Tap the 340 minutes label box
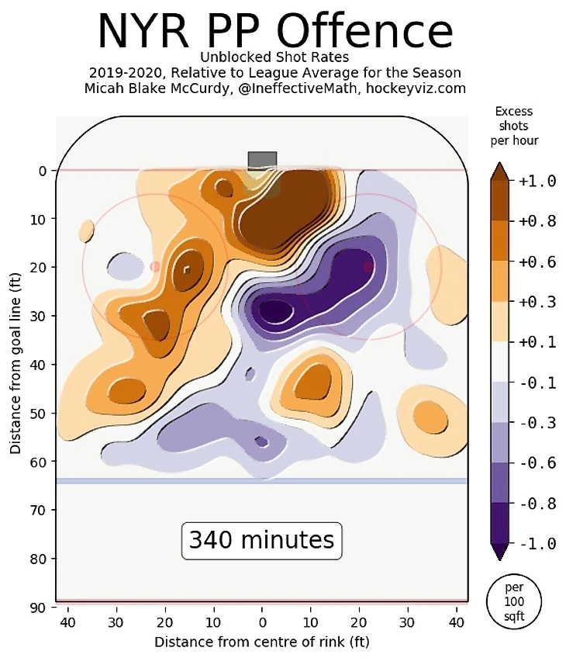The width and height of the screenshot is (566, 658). coord(262,539)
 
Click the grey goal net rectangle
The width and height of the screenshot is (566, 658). coord(262,160)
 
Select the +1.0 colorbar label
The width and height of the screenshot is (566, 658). coord(537,181)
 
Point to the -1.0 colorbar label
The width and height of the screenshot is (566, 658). coord(537,543)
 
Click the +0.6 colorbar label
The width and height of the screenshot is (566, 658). coord(537,262)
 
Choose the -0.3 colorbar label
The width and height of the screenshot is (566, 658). coord(537,423)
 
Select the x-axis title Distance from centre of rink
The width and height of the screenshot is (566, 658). coord(262,642)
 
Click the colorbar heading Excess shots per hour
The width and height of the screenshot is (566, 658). coord(514,126)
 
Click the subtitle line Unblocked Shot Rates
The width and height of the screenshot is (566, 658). coord(275,57)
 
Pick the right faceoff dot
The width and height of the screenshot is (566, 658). coord(369,266)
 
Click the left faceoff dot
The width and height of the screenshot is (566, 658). coord(155,266)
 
